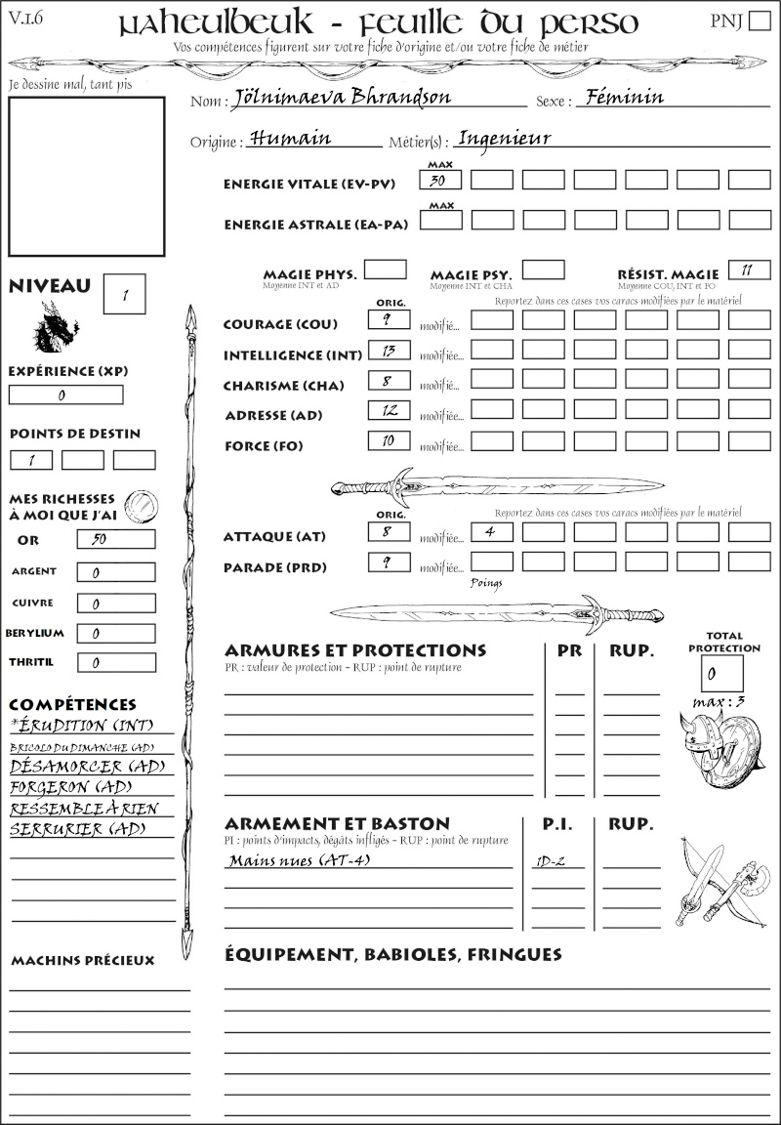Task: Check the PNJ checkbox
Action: pyautogui.click(x=758, y=21)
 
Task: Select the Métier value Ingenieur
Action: pyautogui.click(x=504, y=139)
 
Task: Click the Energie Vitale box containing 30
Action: pyautogui.click(x=440, y=181)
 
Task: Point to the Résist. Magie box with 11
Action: pyautogui.click(x=749, y=271)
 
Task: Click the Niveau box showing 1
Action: pyautogui.click(x=124, y=294)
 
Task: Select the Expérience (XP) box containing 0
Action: pyautogui.click(x=65, y=396)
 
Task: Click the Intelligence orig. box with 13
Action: pyautogui.click(x=389, y=351)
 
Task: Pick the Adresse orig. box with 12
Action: pyautogui.click(x=389, y=411)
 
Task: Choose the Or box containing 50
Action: pyautogui.click(x=114, y=539)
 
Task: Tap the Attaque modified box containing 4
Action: pyautogui.click(x=491, y=532)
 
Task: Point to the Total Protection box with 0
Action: pyautogui.click(x=721, y=674)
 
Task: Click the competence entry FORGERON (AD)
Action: pyautogui.click(x=70, y=787)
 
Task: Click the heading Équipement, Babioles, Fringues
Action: pyautogui.click(x=392, y=953)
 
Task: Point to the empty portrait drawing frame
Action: pyautogui.click(x=86, y=176)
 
